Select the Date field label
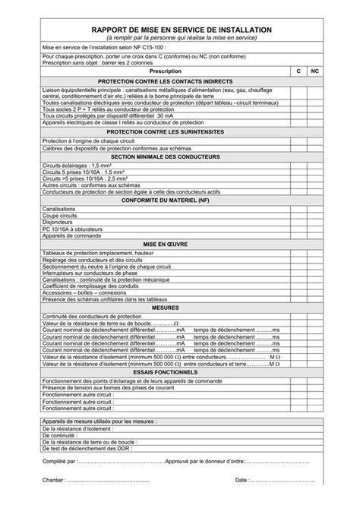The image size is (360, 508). click(242, 481)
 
